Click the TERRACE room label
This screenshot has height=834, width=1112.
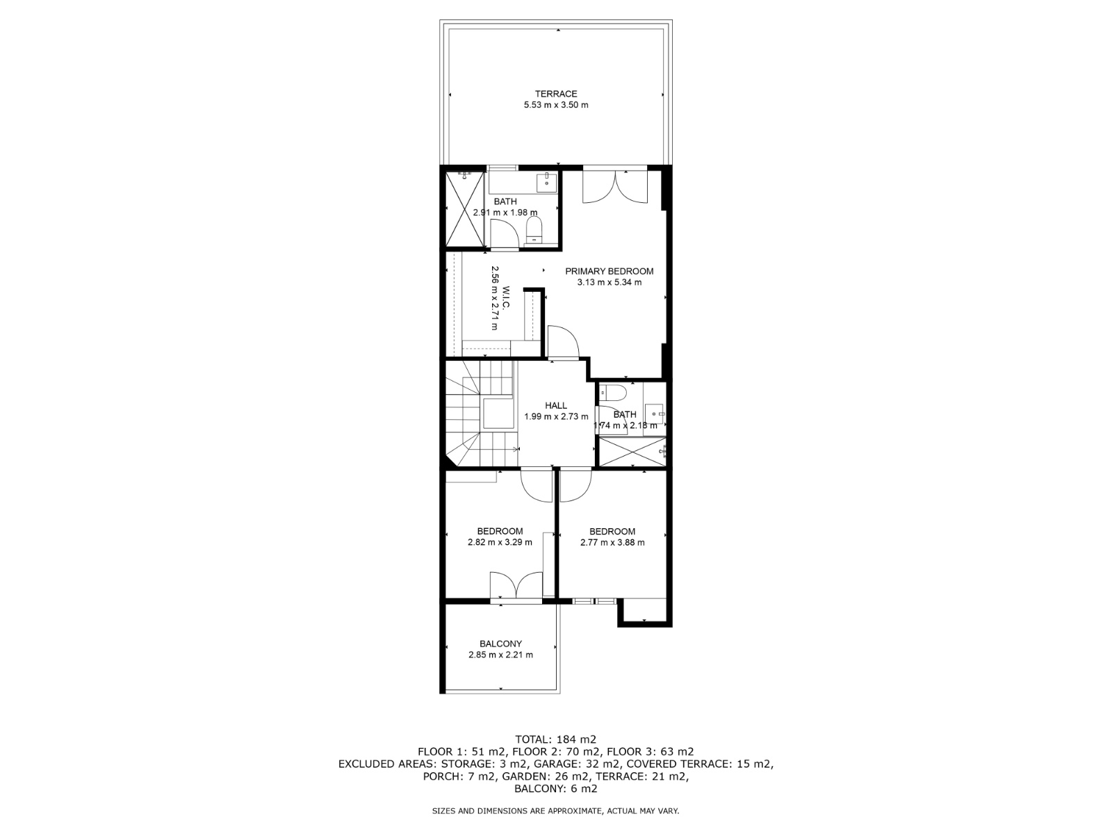[x=556, y=94]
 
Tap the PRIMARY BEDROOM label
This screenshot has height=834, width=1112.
[x=609, y=271]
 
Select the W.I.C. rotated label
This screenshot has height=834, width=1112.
[x=506, y=297]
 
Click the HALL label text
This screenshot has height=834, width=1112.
[x=556, y=405]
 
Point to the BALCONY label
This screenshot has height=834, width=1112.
[x=500, y=644]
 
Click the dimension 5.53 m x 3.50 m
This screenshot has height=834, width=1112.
[x=556, y=105]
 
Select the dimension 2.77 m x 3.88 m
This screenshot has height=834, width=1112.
[x=612, y=542]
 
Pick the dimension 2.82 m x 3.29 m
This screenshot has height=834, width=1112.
[x=500, y=542]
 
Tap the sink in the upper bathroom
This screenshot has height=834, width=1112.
[x=547, y=182]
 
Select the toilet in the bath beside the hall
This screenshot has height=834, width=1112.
[x=612, y=393]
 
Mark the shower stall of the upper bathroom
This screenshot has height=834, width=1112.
[x=464, y=208]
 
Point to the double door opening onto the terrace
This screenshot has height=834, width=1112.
[x=615, y=186]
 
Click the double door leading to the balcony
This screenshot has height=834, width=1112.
[x=516, y=587]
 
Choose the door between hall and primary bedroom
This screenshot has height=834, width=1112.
[x=564, y=343]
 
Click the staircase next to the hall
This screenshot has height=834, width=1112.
[x=480, y=413]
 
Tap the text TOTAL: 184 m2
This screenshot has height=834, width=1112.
[x=556, y=739]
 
